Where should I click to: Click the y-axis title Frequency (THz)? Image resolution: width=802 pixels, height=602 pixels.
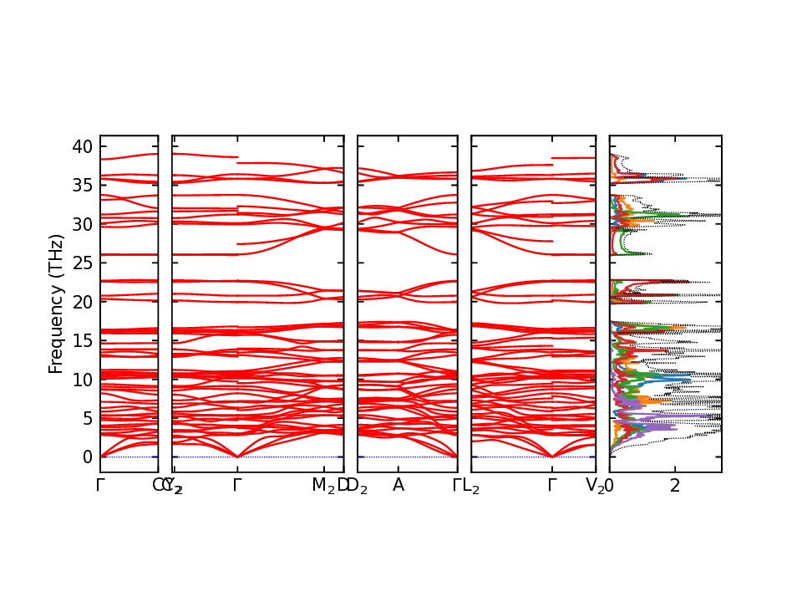pyautogui.click(x=56, y=304)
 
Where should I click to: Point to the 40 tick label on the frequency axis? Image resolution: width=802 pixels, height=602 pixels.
pyautogui.click(x=82, y=146)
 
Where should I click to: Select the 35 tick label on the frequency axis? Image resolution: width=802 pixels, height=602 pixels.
pyautogui.click(x=82, y=186)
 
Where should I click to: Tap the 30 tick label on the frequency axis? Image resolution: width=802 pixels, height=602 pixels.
pyautogui.click(x=82, y=224)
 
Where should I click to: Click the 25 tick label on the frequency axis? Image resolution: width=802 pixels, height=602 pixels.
pyautogui.click(x=82, y=263)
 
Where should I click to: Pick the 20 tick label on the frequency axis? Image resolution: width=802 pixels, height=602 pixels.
pyautogui.click(x=82, y=302)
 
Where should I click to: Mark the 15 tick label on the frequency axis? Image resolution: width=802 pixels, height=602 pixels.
pyautogui.click(x=82, y=340)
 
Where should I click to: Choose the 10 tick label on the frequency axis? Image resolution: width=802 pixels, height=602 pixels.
pyautogui.click(x=82, y=380)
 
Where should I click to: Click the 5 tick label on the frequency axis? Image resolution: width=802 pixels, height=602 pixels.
pyautogui.click(x=87, y=418)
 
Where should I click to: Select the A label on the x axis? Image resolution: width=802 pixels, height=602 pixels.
pyautogui.click(x=398, y=485)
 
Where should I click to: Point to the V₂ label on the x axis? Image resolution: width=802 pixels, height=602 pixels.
pyautogui.click(x=595, y=485)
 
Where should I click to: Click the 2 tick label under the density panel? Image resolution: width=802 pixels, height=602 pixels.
pyautogui.click(x=675, y=485)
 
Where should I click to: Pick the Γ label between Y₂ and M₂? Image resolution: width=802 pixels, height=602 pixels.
pyautogui.click(x=237, y=485)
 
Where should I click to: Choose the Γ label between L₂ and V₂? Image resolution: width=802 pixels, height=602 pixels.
pyautogui.click(x=551, y=485)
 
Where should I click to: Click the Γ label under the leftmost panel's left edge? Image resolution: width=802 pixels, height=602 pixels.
pyautogui.click(x=100, y=485)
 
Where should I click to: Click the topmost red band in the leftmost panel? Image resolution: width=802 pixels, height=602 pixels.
pyautogui.click(x=129, y=156)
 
